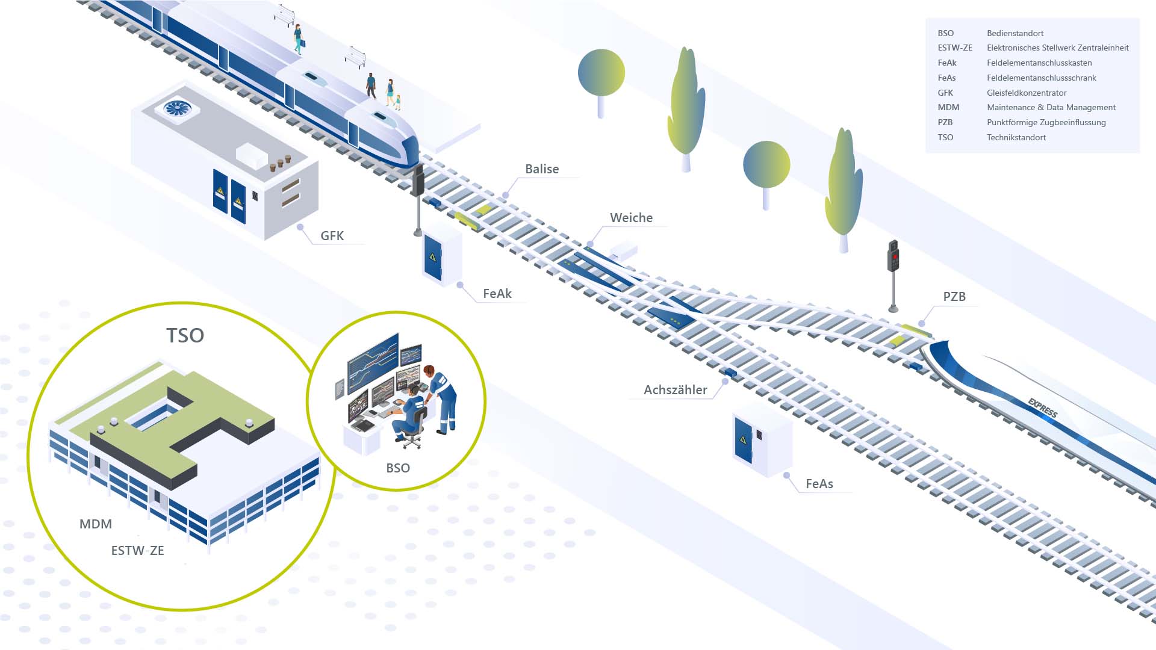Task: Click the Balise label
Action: [x=542, y=169]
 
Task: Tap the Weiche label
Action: [x=631, y=218]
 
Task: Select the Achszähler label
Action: [x=675, y=390]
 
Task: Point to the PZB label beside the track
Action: [x=954, y=297]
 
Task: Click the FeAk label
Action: [x=497, y=294]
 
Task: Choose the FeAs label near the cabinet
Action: [x=819, y=484]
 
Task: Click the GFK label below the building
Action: [x=332, y=236]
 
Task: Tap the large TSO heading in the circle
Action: [x=185, y=336]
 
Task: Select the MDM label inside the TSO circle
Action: [x=96, y=524]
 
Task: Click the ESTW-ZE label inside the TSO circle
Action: [x=137, y=551]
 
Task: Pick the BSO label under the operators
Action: [x=398, y=468]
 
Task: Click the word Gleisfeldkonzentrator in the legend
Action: [x=1027, y=93]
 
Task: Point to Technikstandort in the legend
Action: [x=1016, y=137]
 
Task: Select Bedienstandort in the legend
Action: [x=1015, y=33]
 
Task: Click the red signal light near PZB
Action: [x=895, y=257]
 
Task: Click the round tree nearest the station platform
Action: [x=601, y=73]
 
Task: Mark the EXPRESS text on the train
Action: [x=1042, y=407]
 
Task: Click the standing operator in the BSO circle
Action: [x=443, y=397]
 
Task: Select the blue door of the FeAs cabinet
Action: [x=744, y=439]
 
